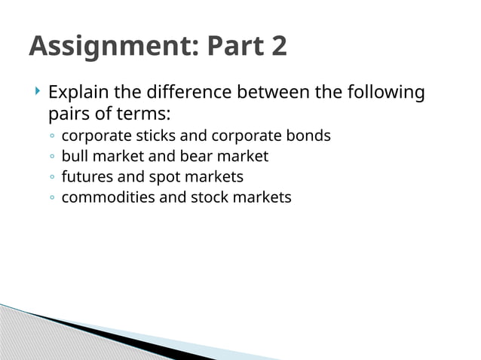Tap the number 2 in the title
pyautogui.click(x=277, y=47)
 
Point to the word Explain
pyautogui.click(x=77, y=93)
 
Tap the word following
pyautogui.click(x=385, y=93)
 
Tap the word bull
pyautogui.click(x=74, y=157)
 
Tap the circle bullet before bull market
pyautogui.click(x=50, y=157)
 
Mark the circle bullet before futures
pyautogui.click(x=50, y=178)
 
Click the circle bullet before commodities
pyautogui.click(x=50, y=198)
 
